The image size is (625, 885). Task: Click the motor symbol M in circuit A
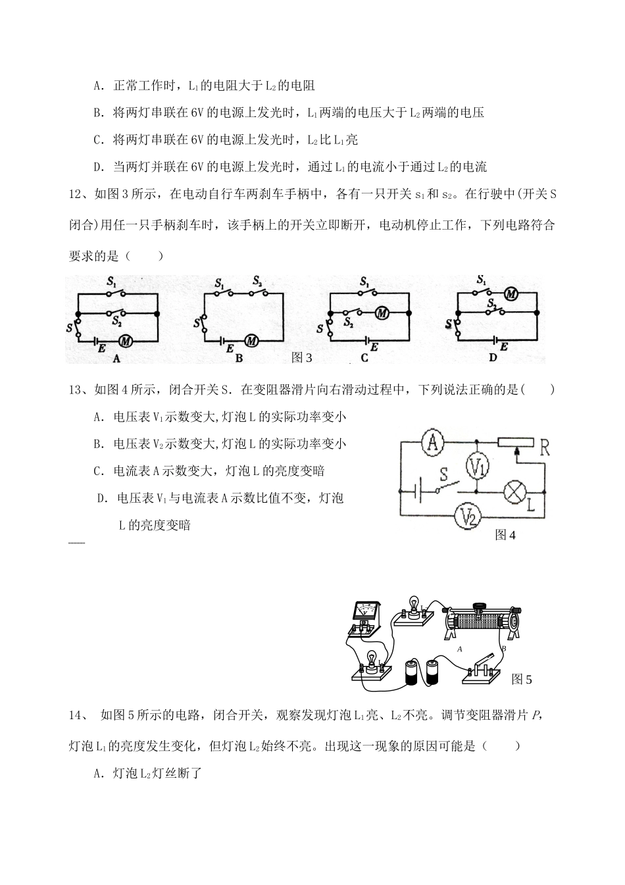point(126,340)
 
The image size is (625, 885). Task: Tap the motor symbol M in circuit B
point(251,341)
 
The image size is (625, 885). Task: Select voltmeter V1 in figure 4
point(478,466)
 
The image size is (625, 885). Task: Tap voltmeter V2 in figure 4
point(468,517)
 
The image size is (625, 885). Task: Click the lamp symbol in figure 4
point(514,492)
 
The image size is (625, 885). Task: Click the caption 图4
point(505,535)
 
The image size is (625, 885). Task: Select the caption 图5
point(521,679)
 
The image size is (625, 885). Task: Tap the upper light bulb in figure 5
point(415,606)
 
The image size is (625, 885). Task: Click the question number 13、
point(80,390)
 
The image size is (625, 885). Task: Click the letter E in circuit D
point(503,347)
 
